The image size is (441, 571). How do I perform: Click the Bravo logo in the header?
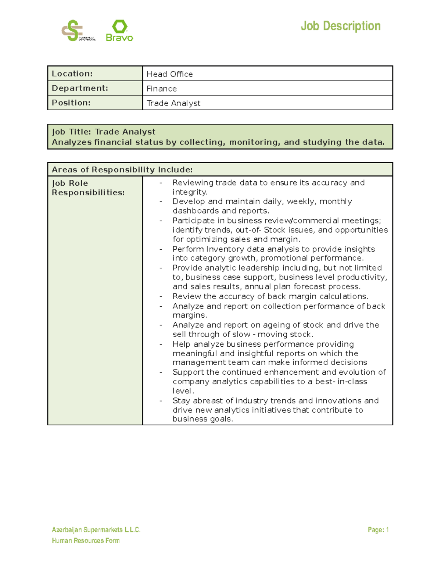click(x=119, y=31)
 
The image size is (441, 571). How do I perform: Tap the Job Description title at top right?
click(x=340, y=26)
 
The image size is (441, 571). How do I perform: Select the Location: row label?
click(x=72, y=74)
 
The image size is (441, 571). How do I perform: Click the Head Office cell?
click(x=169, y=74)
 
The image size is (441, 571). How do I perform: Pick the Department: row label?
click(x=80, y=88)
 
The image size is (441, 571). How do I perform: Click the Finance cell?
click(x=161, y=89)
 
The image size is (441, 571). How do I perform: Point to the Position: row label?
click(x=71, y=103)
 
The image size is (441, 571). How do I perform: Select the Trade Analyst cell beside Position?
click(x=173, y=103)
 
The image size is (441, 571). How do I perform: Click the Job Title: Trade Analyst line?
click(x=104, y=132)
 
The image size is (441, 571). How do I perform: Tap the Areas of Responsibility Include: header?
click(x=122, y=169)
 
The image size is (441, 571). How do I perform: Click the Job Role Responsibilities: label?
click(x=88, y=188)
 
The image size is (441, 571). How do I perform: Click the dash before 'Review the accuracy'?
click(x=161, y=297)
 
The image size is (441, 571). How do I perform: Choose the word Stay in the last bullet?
click(x=181, y=401)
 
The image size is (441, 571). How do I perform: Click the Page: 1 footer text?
click(x=378, y=530)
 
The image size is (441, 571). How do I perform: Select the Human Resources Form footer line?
click(x=86, y=540)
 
